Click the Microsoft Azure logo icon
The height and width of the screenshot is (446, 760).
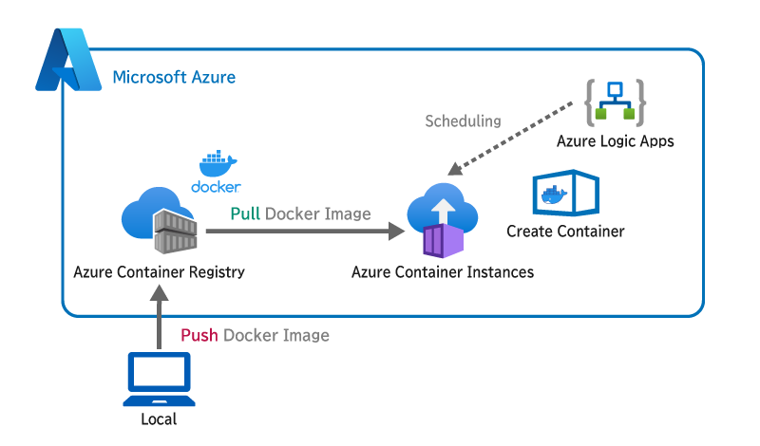click(67, 62)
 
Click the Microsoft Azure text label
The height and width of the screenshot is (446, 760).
click(174, 77)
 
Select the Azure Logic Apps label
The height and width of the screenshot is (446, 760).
click(615, 141)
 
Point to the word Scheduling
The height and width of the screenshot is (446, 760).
click(463, 121)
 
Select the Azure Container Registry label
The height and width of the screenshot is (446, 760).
click(159, 271)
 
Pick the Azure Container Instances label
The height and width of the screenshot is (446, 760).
click(443, 272)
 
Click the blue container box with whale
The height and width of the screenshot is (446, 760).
click(566, 195)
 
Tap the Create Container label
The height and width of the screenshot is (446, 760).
click(565, 232)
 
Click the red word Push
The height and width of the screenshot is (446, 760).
click(199, 335)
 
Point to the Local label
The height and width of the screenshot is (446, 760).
click(158, 418)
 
